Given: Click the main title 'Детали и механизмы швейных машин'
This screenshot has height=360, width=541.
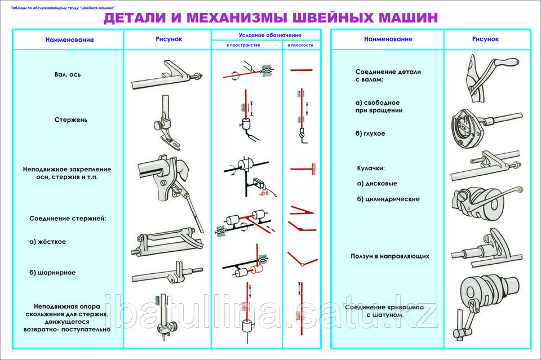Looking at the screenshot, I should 270,18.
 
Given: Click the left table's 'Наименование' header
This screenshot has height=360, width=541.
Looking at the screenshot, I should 70,40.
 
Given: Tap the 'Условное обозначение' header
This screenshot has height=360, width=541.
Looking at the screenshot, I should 266,35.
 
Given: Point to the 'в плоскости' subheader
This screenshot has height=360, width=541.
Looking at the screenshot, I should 301,45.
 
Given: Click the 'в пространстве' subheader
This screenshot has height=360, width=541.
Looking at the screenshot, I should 243,45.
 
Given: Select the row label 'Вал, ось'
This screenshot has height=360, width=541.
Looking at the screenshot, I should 68,74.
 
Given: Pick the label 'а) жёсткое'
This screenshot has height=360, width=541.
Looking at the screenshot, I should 48,242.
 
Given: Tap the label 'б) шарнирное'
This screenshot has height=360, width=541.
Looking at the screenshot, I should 52,273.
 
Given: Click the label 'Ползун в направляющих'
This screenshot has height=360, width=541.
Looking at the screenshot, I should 388,256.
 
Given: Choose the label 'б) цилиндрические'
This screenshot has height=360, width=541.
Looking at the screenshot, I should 388,199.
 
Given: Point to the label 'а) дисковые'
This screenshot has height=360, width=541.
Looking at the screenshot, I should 377,184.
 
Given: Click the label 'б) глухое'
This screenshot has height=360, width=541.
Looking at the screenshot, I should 370,134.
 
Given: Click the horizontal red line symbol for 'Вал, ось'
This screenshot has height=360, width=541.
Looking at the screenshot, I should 301,70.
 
